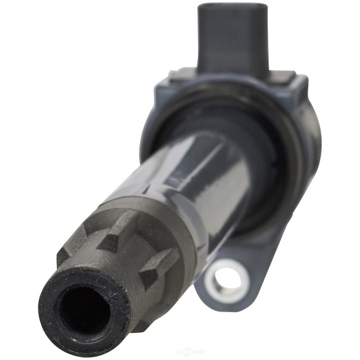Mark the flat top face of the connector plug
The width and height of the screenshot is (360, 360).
point(232,7)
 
